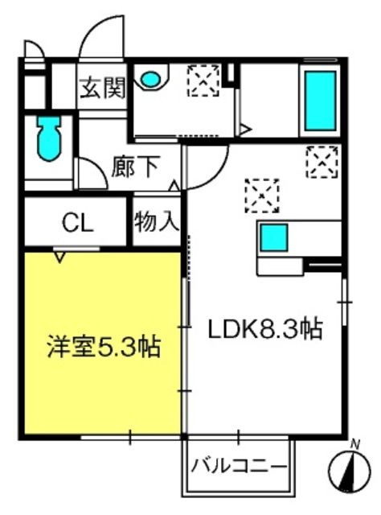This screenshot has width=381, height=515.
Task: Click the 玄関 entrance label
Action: coord(104,88)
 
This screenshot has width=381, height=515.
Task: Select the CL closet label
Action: coord(78,224)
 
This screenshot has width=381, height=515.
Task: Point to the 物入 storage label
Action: coord(157,222)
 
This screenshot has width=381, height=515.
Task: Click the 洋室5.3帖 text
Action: coord(104,346)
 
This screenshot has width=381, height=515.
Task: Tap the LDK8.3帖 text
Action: coord(265,328)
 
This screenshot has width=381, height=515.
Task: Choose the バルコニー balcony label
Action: coord(240,467)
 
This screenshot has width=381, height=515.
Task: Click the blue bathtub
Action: coord(321,101)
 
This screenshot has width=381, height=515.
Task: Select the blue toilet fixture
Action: coord(50,138)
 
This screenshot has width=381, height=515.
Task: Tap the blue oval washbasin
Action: coord(151,80)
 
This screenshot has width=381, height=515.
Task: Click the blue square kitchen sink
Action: coord(274,237)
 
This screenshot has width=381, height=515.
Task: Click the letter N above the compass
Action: coord(354,444)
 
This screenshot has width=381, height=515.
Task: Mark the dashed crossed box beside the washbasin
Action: coord(203,80)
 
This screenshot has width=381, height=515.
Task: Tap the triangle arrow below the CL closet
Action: coord(59,257)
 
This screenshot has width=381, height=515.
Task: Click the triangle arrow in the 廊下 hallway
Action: coord(174,186)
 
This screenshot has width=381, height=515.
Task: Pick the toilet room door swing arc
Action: coord(96,168)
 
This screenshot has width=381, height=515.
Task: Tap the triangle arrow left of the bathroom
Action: coord(246,129)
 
